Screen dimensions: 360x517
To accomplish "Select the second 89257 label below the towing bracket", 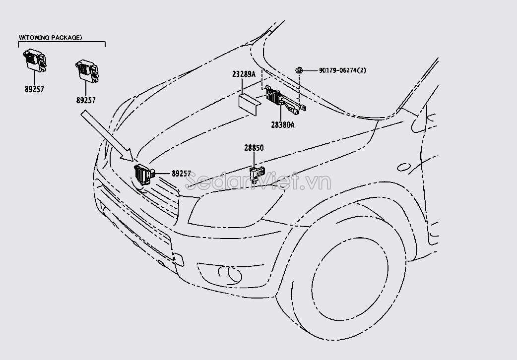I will (x=86, y=100).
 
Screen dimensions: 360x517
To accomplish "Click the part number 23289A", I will (x=244, y=74).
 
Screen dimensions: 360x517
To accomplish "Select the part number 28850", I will (x=254, y=148).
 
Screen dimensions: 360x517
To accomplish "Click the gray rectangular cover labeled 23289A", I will (x=251, y=104).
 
